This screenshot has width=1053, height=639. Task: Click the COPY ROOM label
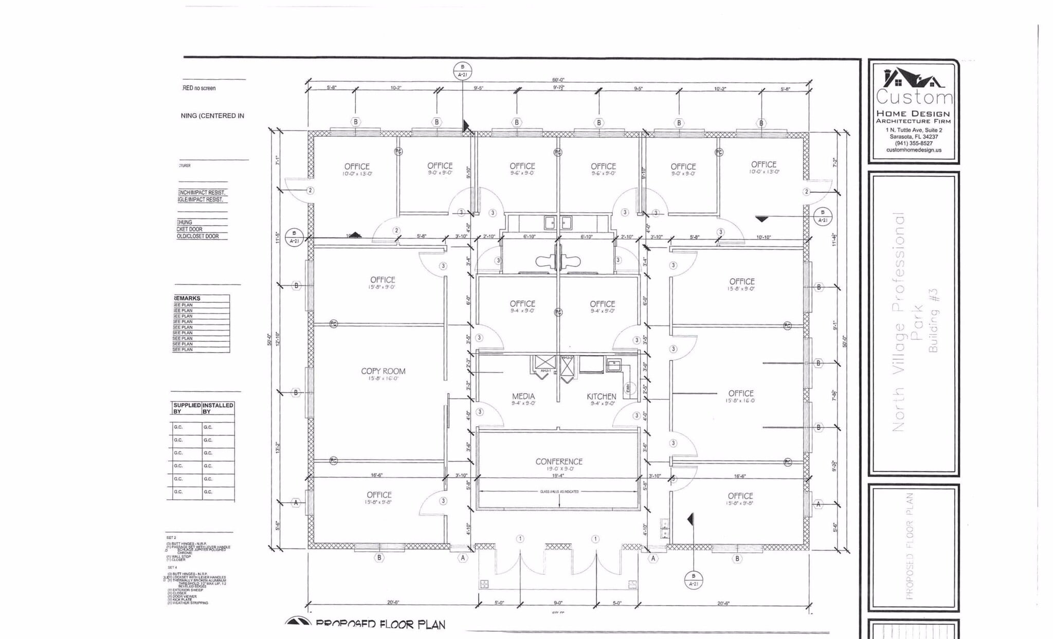[x=383, y=371]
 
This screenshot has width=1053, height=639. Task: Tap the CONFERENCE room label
[x=558, y=462]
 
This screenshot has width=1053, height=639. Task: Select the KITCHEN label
[x=601, y=396]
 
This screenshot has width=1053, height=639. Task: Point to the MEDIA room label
[x=523, y=396]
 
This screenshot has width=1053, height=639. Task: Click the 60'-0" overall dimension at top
[x=558, y=80]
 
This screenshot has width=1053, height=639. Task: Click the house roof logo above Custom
[x=913, y=79]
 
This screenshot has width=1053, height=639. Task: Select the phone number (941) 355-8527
[x=914, y=143]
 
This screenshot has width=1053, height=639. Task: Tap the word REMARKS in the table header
[x=188, y=298]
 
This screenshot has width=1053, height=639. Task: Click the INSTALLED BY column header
[x=217, y=408]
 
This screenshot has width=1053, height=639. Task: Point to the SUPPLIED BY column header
[x=187, y=408]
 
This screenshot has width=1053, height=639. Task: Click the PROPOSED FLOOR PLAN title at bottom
[x=380, y=625]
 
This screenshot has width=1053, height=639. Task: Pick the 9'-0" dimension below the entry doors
[x=558, y=603]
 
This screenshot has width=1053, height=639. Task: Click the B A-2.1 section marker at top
[x=462, y=70]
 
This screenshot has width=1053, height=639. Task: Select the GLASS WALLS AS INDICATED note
[x=559, y=491]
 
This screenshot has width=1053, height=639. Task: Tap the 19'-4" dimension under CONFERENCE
[x=558, y=476]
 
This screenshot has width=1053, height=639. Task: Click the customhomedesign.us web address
[x=914, y=150]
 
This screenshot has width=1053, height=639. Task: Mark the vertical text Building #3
[x=933, y=320]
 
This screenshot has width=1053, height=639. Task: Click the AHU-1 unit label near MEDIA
[x=545, y=371]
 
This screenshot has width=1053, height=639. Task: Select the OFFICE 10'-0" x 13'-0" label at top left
[x=357, y=169]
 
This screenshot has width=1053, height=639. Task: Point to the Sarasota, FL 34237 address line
[x=914, y=137]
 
